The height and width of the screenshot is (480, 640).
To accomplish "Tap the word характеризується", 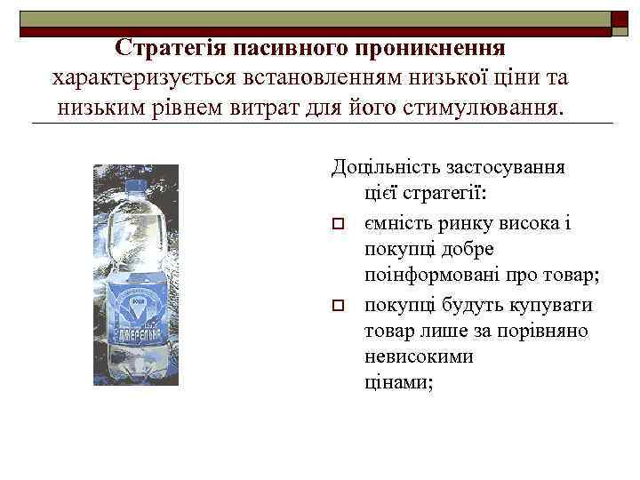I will (141, 78).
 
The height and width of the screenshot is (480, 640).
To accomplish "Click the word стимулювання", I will (491, 108).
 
